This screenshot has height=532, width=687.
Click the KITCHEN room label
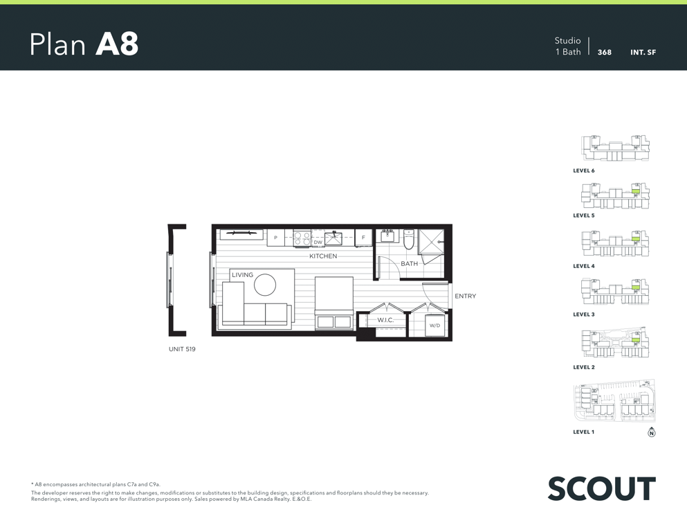click(x=323, y=256)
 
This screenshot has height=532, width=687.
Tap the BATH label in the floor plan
click(x=409, y=264)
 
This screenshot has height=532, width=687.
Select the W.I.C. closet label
click(x=385, y=320)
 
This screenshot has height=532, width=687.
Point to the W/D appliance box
click(x=434, y=326)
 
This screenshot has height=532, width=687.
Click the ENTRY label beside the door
click(x=466, y=296)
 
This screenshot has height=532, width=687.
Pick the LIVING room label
click(x=242, y=275)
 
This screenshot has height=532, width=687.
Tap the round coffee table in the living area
click(x=265, y=285)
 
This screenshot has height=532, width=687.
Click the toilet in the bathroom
click(x=408, y=239)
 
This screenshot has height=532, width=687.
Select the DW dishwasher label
click(x=318, y=242)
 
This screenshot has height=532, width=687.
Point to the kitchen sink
click(x=333, y=238)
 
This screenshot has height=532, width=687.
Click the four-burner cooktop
click(x=302, y=238)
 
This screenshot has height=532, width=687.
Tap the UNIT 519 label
click(x=182, y=349)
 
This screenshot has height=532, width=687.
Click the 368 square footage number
click(x=605, y=52)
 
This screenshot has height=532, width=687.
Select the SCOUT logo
click(x=602, y=488)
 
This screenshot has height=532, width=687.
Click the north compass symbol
click(x=652, y=432)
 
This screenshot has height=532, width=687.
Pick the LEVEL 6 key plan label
click(x=584, y=170)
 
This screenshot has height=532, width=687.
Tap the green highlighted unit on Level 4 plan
click(x=636, y=239)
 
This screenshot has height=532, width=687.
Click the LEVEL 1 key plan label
click(x=584, y=432)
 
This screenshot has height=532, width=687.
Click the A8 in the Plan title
click(x=117, y=44)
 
